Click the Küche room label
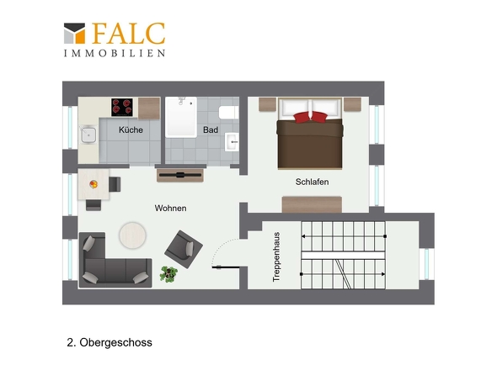pyautogui.click(x=131, y=130)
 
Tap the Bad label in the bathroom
pyautogui.click(x=211, y=130)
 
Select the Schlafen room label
pyautogui.click(x=312, y=182)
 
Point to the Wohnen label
pyautogui.click(x=170, y=208)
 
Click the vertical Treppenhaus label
pyautogui.click(x=276, y=256)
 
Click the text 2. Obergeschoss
pyautogui.click(x=109, y=343)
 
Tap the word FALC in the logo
pyautogui.click(x=128, y=34)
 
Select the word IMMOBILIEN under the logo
pyautogui.click(x=114, y=53)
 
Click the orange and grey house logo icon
pyautogui.click(x=74, y=34)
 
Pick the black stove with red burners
pyautogui.click(x=122, y=107)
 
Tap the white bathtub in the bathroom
pyautogui.click(x=182, y=117)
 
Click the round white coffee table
pyautogui.click(x=133, y=234)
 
